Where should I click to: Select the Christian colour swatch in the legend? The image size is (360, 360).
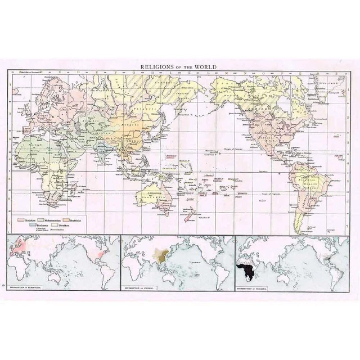pyautogui.click(x=22, y=218)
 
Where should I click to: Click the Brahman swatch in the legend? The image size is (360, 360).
pyautogui.click(x=22, y=224)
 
